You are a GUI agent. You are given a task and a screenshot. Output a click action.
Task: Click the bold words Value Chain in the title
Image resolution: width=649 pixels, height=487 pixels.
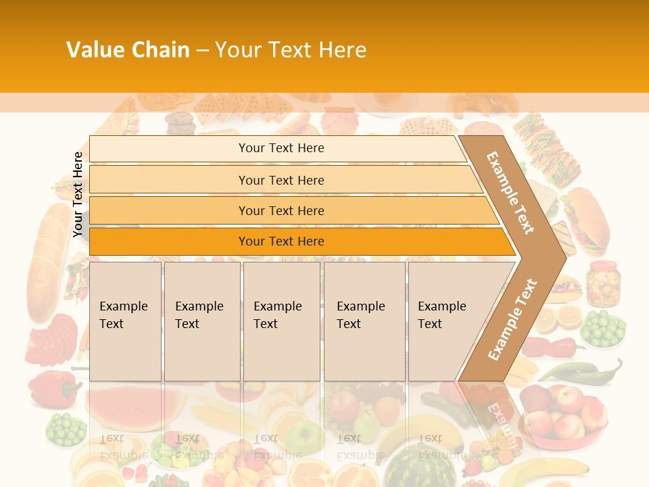(x=128, y=50)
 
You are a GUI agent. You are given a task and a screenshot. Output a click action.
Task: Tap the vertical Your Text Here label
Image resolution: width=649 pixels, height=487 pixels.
(x=78, y=194)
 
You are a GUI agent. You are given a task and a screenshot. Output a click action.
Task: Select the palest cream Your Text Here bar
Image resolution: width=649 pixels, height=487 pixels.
(x=281, y=148)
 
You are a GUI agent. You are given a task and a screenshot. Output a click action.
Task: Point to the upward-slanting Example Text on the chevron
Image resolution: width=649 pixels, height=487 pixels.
(x=512, y=319)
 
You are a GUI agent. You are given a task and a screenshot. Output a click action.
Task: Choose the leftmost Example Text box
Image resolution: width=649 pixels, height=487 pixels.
(x=125, y=321)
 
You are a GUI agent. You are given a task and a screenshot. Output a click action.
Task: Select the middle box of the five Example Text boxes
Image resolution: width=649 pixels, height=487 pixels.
(x=281, y=321)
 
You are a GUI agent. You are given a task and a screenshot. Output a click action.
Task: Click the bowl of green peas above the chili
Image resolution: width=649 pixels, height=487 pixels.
(x=603, y=329)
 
